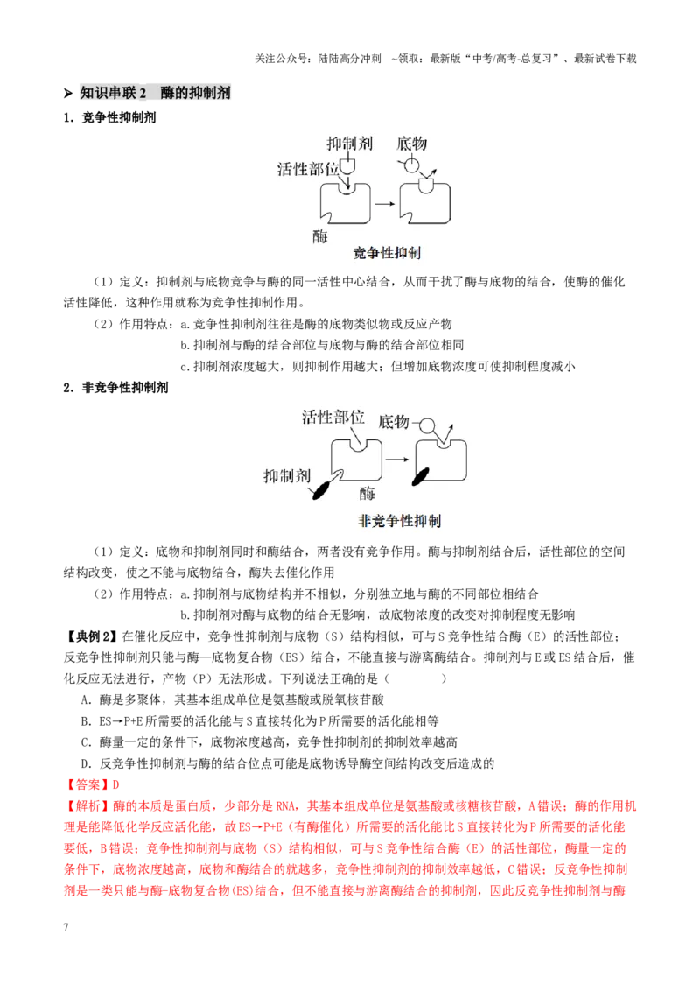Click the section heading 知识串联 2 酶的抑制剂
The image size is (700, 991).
155,93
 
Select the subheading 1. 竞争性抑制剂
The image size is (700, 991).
109,117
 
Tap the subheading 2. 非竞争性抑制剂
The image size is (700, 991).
115,388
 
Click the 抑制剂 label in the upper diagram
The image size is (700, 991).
349,144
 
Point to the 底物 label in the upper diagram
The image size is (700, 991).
412,144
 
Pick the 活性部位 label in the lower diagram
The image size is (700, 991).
333,417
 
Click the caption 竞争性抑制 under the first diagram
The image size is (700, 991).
387,253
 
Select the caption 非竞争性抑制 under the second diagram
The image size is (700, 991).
399,521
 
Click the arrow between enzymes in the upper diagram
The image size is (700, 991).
385,203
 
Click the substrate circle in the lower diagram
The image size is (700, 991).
428,425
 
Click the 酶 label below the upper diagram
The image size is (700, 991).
320,237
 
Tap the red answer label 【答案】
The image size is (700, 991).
87,785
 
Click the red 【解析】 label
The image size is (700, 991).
87,806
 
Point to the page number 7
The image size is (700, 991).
66,927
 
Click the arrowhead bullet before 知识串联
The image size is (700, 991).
68,94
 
